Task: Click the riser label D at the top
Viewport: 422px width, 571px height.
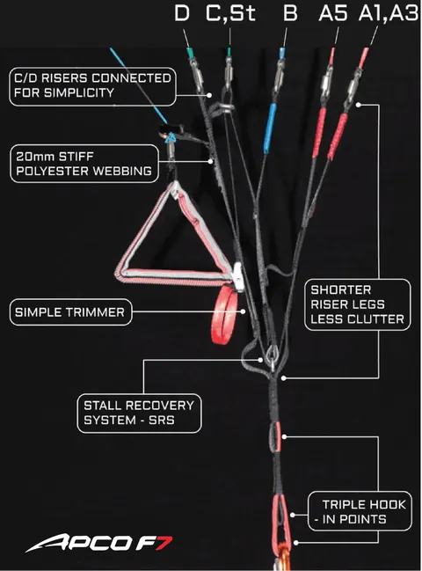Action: click(182, 13)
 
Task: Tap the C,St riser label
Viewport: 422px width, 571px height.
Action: click(230, 14)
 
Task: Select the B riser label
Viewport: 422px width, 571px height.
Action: click(290, 13)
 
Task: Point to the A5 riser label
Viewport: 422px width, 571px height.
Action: click(333, 13)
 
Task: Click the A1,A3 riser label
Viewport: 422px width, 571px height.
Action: click(389, 14)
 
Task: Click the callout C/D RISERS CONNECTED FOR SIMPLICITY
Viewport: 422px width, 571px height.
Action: click(92, 86)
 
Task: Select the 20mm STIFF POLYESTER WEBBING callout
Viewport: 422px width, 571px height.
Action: click(84, 164)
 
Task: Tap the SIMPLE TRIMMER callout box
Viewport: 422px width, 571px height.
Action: click(70, 312)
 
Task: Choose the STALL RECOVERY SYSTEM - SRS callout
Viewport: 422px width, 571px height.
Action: click(139, 414)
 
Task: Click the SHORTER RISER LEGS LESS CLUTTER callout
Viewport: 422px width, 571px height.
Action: click(358, 304)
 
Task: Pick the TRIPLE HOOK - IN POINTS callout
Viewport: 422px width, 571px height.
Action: click(360, 512)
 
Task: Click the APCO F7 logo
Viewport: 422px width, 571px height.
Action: click(99, 543)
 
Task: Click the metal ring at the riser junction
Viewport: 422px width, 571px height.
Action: click(273, 354)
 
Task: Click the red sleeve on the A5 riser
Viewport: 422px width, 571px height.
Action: click(319, 133)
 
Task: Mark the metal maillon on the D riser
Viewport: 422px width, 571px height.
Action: click(197, 75)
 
